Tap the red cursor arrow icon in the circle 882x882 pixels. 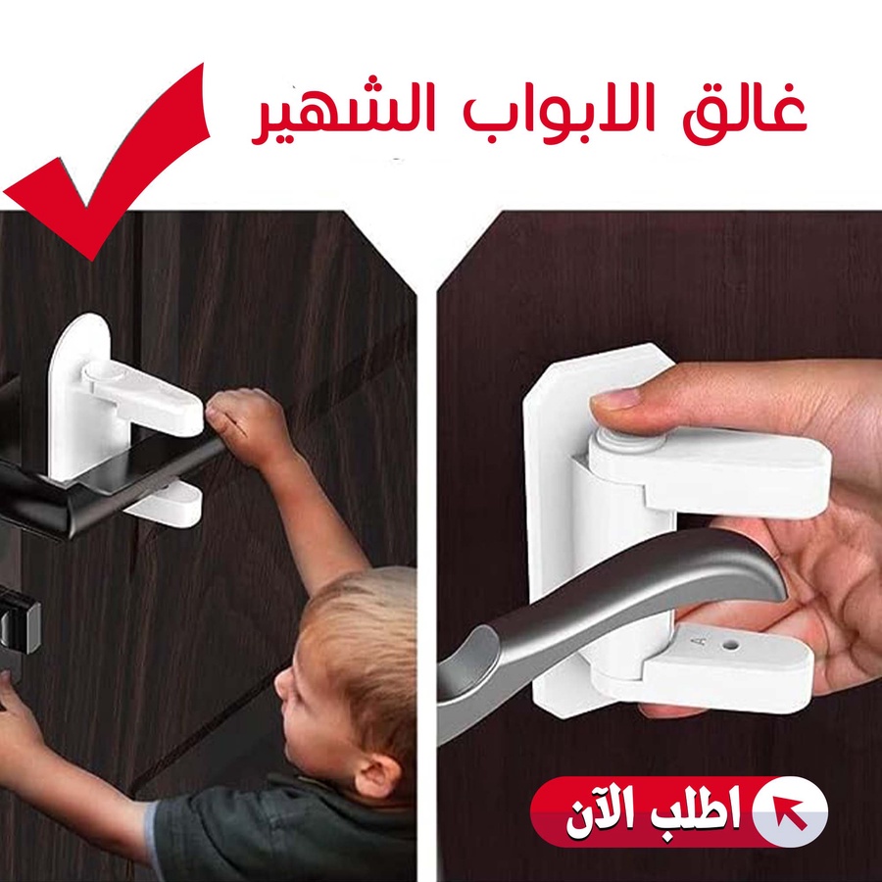[x=790, y=811]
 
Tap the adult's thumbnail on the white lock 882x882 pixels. [x=614, y=400]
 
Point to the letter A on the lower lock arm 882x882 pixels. [x=699, y=641]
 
